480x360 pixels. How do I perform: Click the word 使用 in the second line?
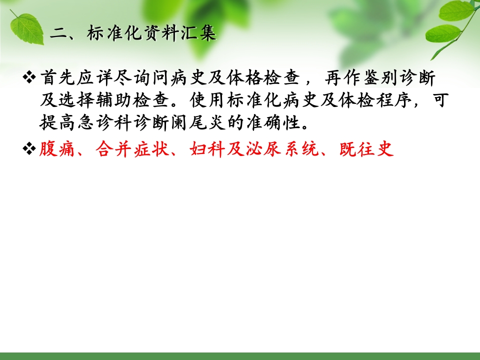[x=206, y=100]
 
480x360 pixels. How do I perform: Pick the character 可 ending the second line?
[x=440, y=100]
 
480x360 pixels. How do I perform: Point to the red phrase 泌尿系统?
[x=282, y=149]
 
